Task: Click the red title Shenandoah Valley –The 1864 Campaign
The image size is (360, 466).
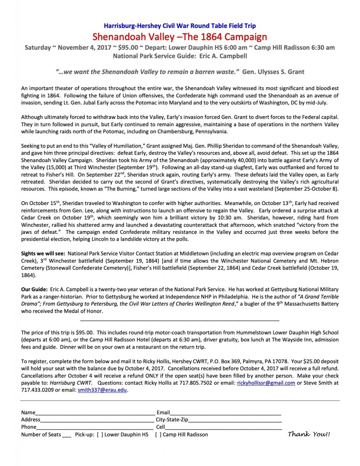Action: pyautogui.click(x=180, y=37)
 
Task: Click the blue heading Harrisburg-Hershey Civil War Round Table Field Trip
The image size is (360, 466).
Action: pyautogui.click(x=180, y=26)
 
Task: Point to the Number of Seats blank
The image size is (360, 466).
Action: pyautogui.click(x=66, y=435)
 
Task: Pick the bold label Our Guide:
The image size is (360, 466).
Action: pyautogui.click(x=35, y=290)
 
